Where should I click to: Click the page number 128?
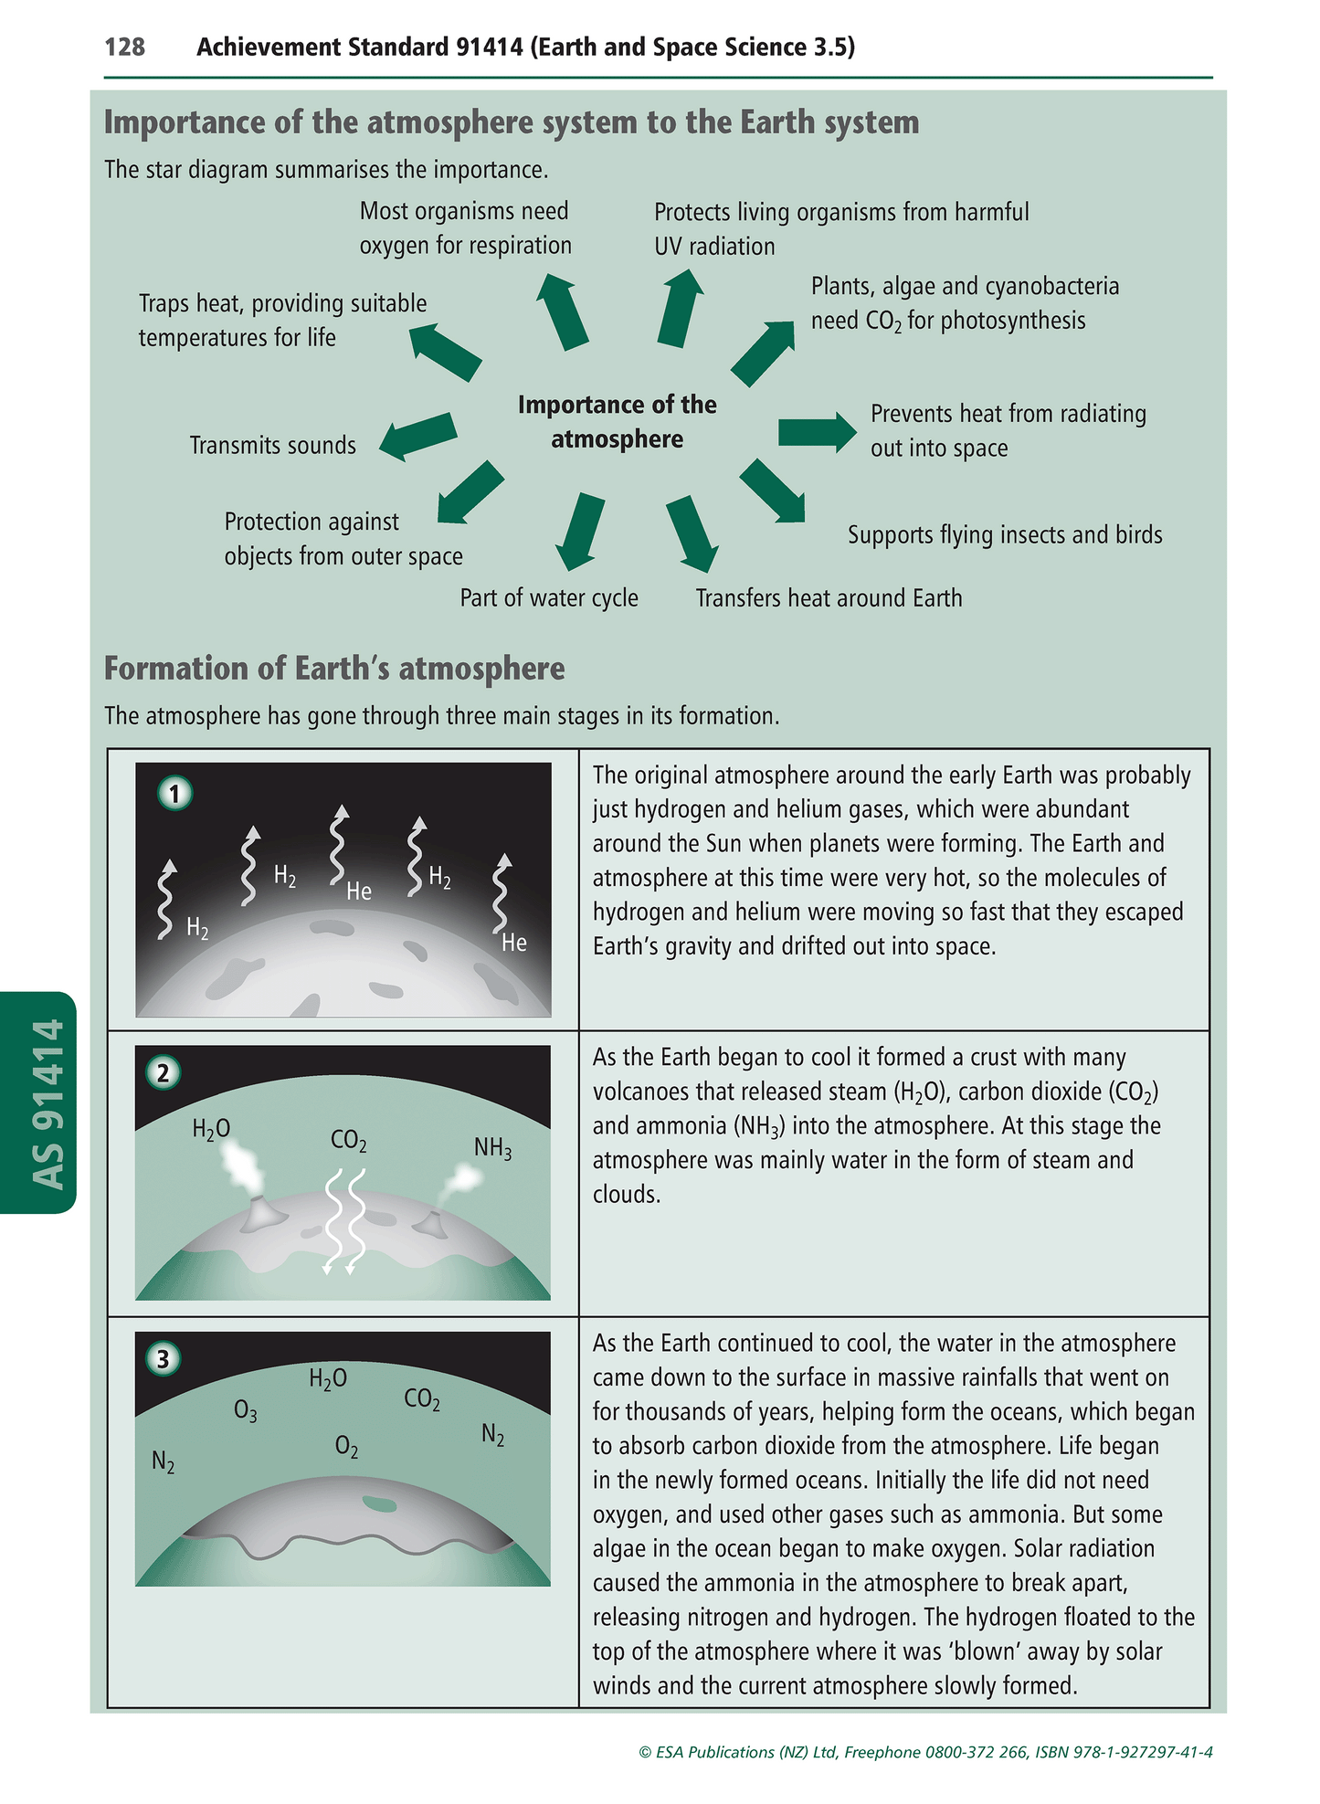point(125,47)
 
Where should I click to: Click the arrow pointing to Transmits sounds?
point(418,436)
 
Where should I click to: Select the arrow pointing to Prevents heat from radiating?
point(817,431)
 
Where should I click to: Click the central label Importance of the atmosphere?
point(618,422)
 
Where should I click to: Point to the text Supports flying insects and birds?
point(1004,534)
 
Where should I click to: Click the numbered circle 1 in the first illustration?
point(174,793)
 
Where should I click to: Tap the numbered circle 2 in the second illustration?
point(164,1072)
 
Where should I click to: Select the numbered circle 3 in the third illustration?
point(164,1359)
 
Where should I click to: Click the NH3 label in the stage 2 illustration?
point(492,1148)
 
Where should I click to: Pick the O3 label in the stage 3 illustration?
point(245,1412)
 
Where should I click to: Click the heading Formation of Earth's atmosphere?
point(334,669)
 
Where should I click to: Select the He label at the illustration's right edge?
point(514,943)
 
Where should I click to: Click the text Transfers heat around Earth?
point(829,598)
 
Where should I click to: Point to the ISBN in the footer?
point(1124,1752)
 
